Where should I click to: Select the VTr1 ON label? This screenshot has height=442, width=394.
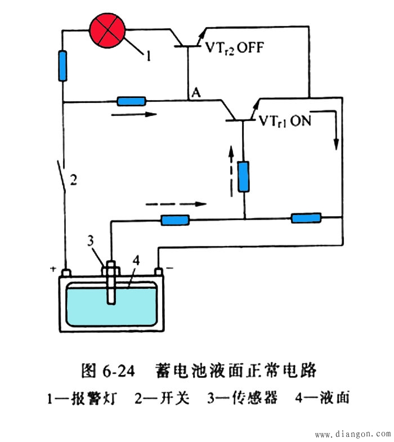pos(285,121)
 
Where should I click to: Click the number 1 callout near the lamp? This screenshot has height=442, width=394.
pos(148,56)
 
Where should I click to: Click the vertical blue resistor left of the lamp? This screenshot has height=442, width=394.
pos(62,66)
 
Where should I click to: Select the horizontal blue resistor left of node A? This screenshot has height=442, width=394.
pos(131,101)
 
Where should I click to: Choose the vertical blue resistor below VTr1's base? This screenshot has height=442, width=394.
pos(243,176)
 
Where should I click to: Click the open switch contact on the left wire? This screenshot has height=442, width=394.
pos(62,177)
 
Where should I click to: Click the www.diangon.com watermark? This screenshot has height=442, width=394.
pos(352,435)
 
